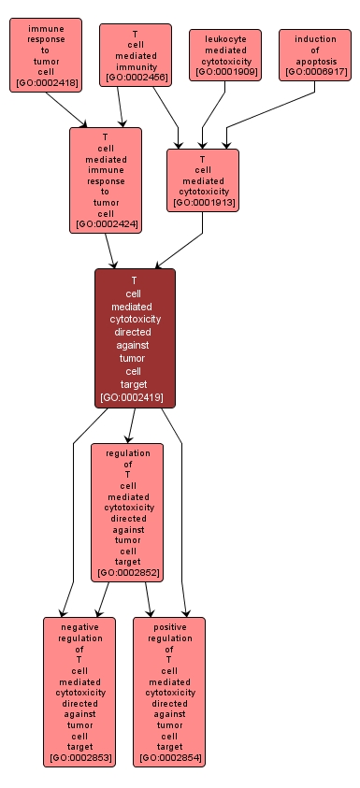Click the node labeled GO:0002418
coord(46,57)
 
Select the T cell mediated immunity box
coord(136,55)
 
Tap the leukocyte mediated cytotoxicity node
coord(225,55)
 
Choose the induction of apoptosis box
coord(315,55)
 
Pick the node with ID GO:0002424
coord(106,180)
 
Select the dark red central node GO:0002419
coord(135,338)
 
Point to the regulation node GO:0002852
coord(127,512)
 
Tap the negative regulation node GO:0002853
coord(79,692)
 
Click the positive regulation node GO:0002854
coord(169,692)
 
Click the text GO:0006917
coord(315,71)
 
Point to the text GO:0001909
coord(225,71)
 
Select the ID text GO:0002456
coord(137,77)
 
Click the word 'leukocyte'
coord(225,38)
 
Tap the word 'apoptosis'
coord(315,61)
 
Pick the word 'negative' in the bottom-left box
coord(79,627)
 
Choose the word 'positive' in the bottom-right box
coord(169,627)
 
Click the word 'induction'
coord(315,38)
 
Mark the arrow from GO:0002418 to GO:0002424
coord(65,109)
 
